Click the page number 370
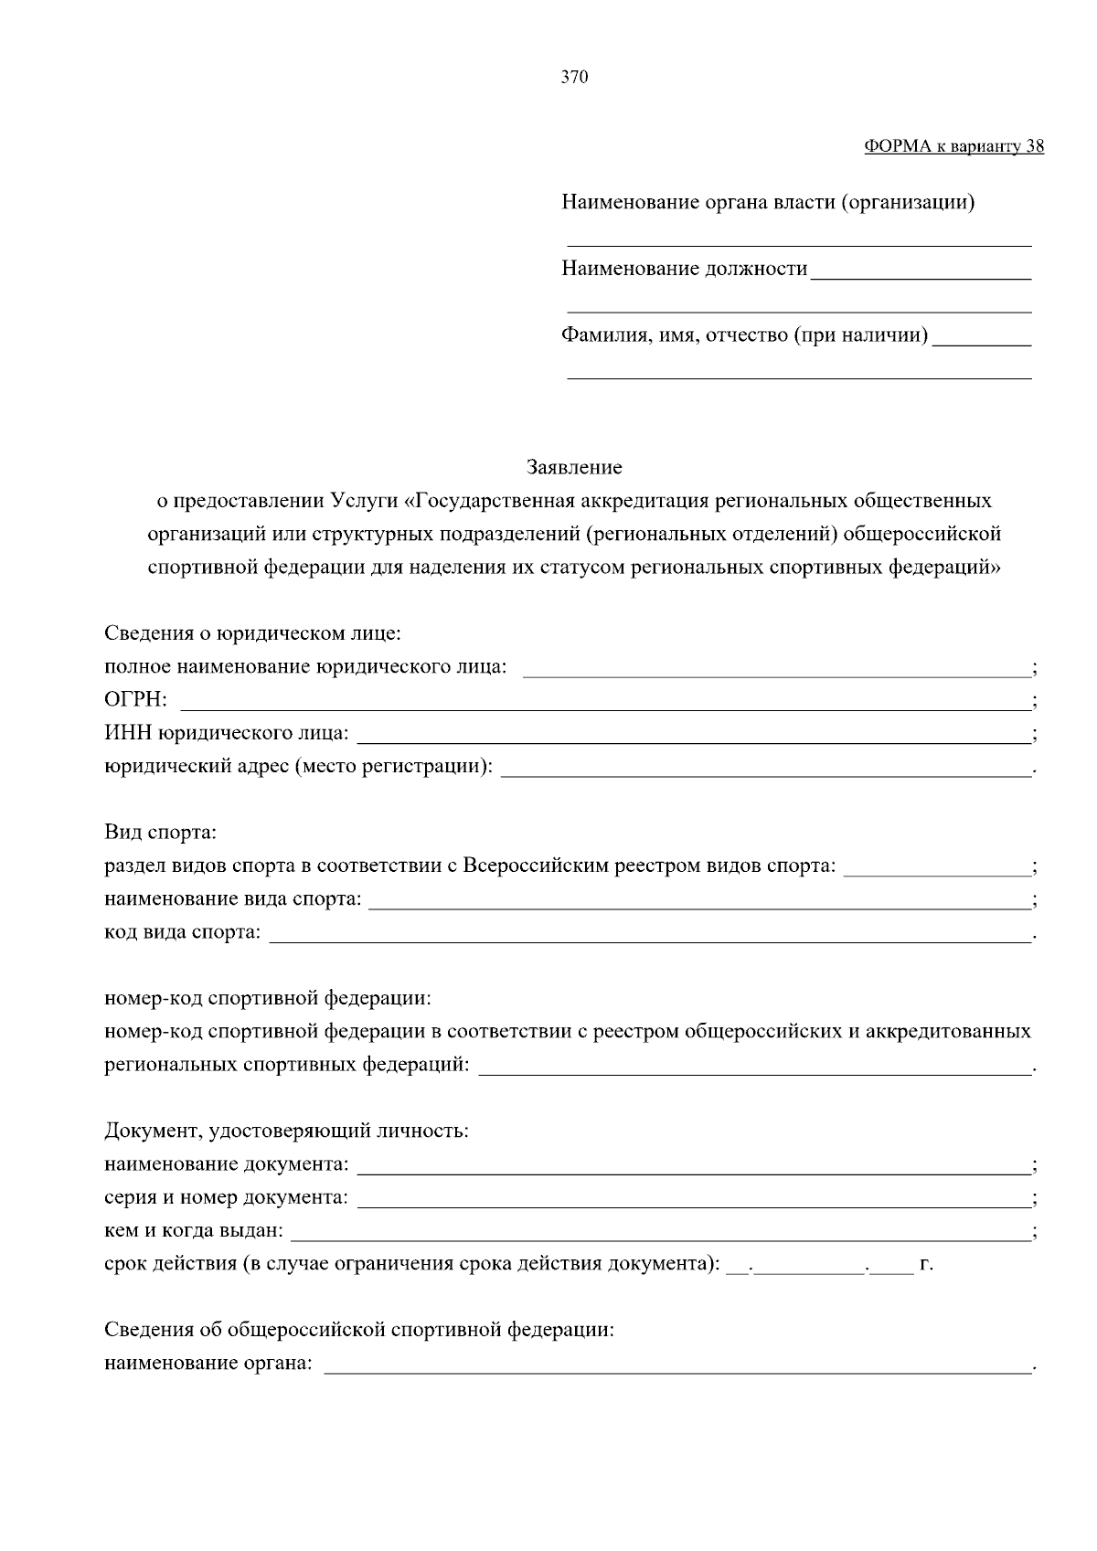[x=574, y=78]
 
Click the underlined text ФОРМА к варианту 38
[x=953, y=147]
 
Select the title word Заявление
[x=574, y=468]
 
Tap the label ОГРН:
[x=135, y=700]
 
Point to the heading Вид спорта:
[x=160, y=833]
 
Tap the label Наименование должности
[x=685, y=269]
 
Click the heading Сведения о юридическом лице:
[x=252, y=633]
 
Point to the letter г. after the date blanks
[x=926, y=1265]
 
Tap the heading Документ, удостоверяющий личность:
[x=286, y=1131]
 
